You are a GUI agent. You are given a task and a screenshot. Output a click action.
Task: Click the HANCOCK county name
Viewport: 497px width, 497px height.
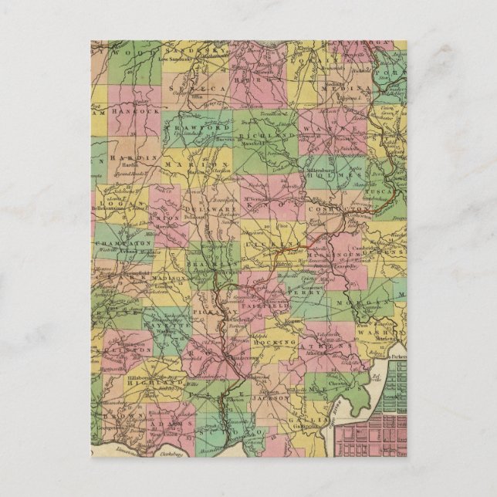coord(135,111)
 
